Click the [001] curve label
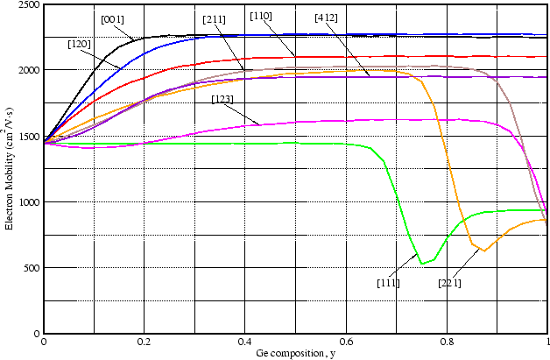tap(111, 19)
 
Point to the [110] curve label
tap(260, 16)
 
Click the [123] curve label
tap(222, 99)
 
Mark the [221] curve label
tap(449, 283)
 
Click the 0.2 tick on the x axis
tap(144, 342)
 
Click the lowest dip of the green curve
tap(421, 263)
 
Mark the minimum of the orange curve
tap(483, 251)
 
